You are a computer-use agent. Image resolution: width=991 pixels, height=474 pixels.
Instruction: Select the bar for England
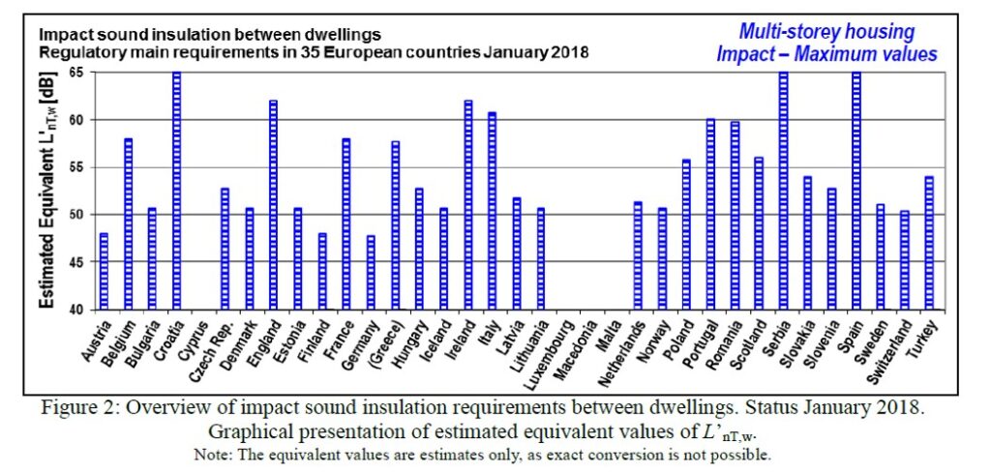[x=274, y=205]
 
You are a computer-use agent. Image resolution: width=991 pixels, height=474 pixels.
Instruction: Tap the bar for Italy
[x=493, y=211]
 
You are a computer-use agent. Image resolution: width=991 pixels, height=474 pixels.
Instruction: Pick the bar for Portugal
[x=710, y=215]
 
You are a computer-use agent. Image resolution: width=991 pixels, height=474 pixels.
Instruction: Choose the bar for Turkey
[x=929, y=244]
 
